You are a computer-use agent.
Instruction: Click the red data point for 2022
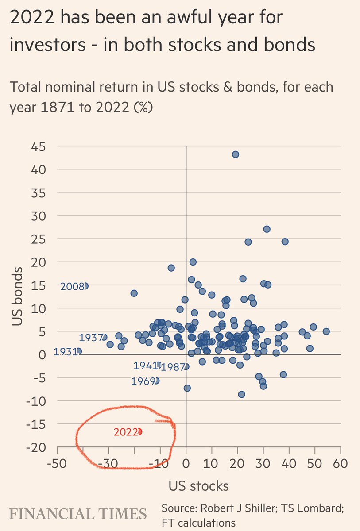140,431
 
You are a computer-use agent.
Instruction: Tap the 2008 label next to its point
72,286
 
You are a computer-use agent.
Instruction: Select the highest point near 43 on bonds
236,154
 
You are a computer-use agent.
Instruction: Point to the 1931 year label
65,352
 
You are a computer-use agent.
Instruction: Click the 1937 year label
91,338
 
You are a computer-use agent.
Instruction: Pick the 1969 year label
143,381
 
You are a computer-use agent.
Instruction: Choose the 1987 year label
172,367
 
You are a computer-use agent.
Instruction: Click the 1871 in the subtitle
55,108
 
